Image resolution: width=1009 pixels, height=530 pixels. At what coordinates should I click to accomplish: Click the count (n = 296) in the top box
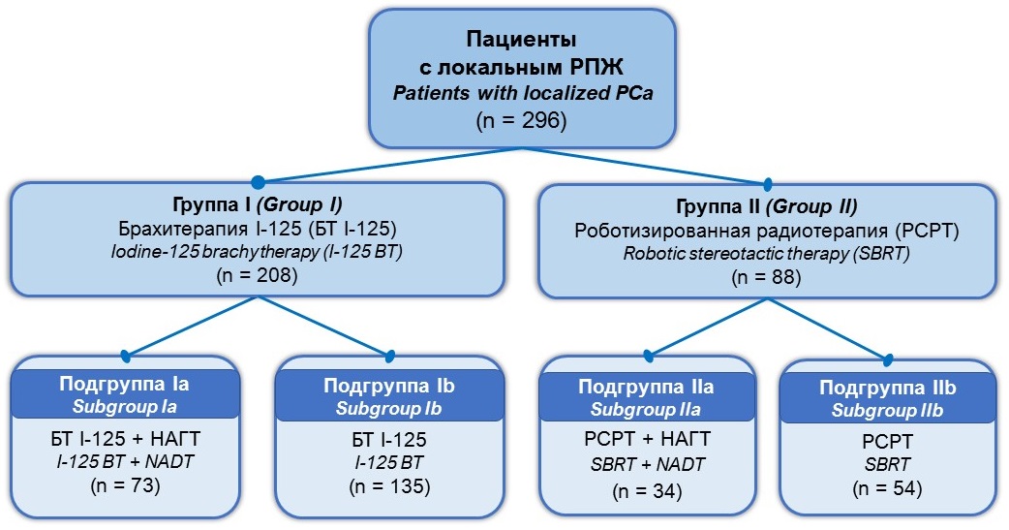521,120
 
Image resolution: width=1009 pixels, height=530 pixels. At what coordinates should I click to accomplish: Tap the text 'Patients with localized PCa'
523,93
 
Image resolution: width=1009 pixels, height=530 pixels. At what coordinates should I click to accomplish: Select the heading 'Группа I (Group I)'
258,204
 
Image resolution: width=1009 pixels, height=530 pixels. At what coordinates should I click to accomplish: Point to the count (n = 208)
258,275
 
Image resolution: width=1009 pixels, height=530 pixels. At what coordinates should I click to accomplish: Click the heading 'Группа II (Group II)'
766,206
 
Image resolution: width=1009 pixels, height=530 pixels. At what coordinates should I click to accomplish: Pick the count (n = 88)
766,277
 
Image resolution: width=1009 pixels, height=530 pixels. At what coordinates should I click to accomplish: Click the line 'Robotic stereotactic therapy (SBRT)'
766,253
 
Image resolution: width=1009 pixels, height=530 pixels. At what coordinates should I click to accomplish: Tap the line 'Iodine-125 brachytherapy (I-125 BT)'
257,251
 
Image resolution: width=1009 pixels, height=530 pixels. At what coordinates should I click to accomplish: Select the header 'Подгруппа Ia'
124,384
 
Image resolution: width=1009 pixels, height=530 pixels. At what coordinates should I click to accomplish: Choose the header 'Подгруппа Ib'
388,386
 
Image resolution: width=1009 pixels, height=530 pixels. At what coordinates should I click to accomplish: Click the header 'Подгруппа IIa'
646,387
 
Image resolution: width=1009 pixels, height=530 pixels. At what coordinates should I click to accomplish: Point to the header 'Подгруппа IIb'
887,389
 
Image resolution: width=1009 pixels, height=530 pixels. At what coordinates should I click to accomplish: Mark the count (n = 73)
125,484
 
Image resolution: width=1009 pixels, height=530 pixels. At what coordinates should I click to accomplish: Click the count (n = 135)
389,486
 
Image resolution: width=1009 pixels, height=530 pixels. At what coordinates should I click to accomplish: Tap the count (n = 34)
647,490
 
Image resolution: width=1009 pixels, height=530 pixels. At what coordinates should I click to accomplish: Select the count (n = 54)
887,488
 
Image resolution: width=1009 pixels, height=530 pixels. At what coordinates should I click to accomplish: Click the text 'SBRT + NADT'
647,464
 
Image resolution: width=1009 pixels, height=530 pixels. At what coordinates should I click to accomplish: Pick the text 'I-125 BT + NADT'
125,461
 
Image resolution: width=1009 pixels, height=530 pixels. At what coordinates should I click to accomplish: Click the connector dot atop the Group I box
258,181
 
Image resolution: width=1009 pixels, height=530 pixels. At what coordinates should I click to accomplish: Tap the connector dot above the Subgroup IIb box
888,359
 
